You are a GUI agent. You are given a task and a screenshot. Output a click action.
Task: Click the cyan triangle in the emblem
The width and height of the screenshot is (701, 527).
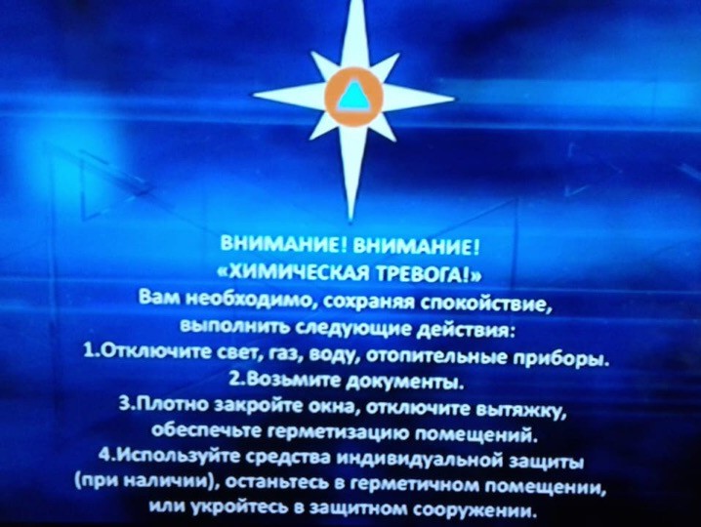(x=353, y=96)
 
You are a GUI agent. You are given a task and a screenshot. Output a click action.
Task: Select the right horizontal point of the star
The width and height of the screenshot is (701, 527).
(x=454, y=100)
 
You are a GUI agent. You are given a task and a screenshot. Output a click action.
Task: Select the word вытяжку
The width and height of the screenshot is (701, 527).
(x=520, y=411)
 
